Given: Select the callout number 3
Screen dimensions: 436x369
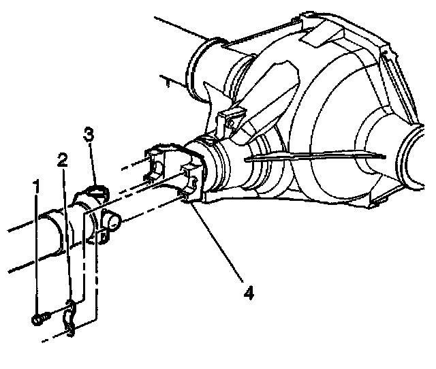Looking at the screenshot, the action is (x=89, y=135).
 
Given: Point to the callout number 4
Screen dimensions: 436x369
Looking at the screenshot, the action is (x=249, y=293).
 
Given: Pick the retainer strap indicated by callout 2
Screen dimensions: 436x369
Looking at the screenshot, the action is (x=69, y=318).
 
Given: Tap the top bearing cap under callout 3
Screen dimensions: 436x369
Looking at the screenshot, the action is (x=97, y=193).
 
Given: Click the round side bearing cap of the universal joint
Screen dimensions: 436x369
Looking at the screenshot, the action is (x=112, y=221).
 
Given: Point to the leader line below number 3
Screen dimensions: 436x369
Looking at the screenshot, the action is (x=93, y=164).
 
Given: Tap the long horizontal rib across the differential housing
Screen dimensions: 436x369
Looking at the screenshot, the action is (x=315, y=157).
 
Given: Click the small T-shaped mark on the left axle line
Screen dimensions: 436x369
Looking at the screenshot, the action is (x=168, y=82).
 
